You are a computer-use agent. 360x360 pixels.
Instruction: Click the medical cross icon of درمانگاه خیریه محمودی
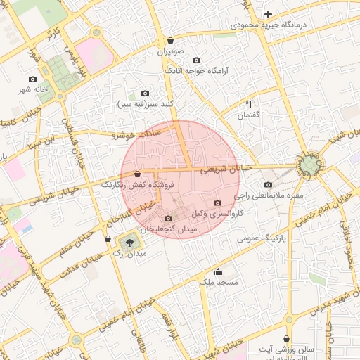click(x=268, y=14)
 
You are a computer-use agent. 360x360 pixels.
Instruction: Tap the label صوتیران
click(x=170, y=52)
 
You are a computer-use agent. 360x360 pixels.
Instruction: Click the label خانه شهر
click(x=32, y=90)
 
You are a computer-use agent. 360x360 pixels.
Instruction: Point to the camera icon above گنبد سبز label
click(x=146, y=93)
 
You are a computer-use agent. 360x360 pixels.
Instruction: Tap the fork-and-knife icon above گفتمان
click(x=248, y=103)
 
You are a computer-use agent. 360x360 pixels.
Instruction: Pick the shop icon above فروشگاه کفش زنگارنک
click(x=136, y=174)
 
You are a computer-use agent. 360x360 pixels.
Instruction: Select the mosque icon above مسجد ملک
click(x=218, y=272)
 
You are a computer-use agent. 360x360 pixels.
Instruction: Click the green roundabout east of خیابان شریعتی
click(x=309, y=166)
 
